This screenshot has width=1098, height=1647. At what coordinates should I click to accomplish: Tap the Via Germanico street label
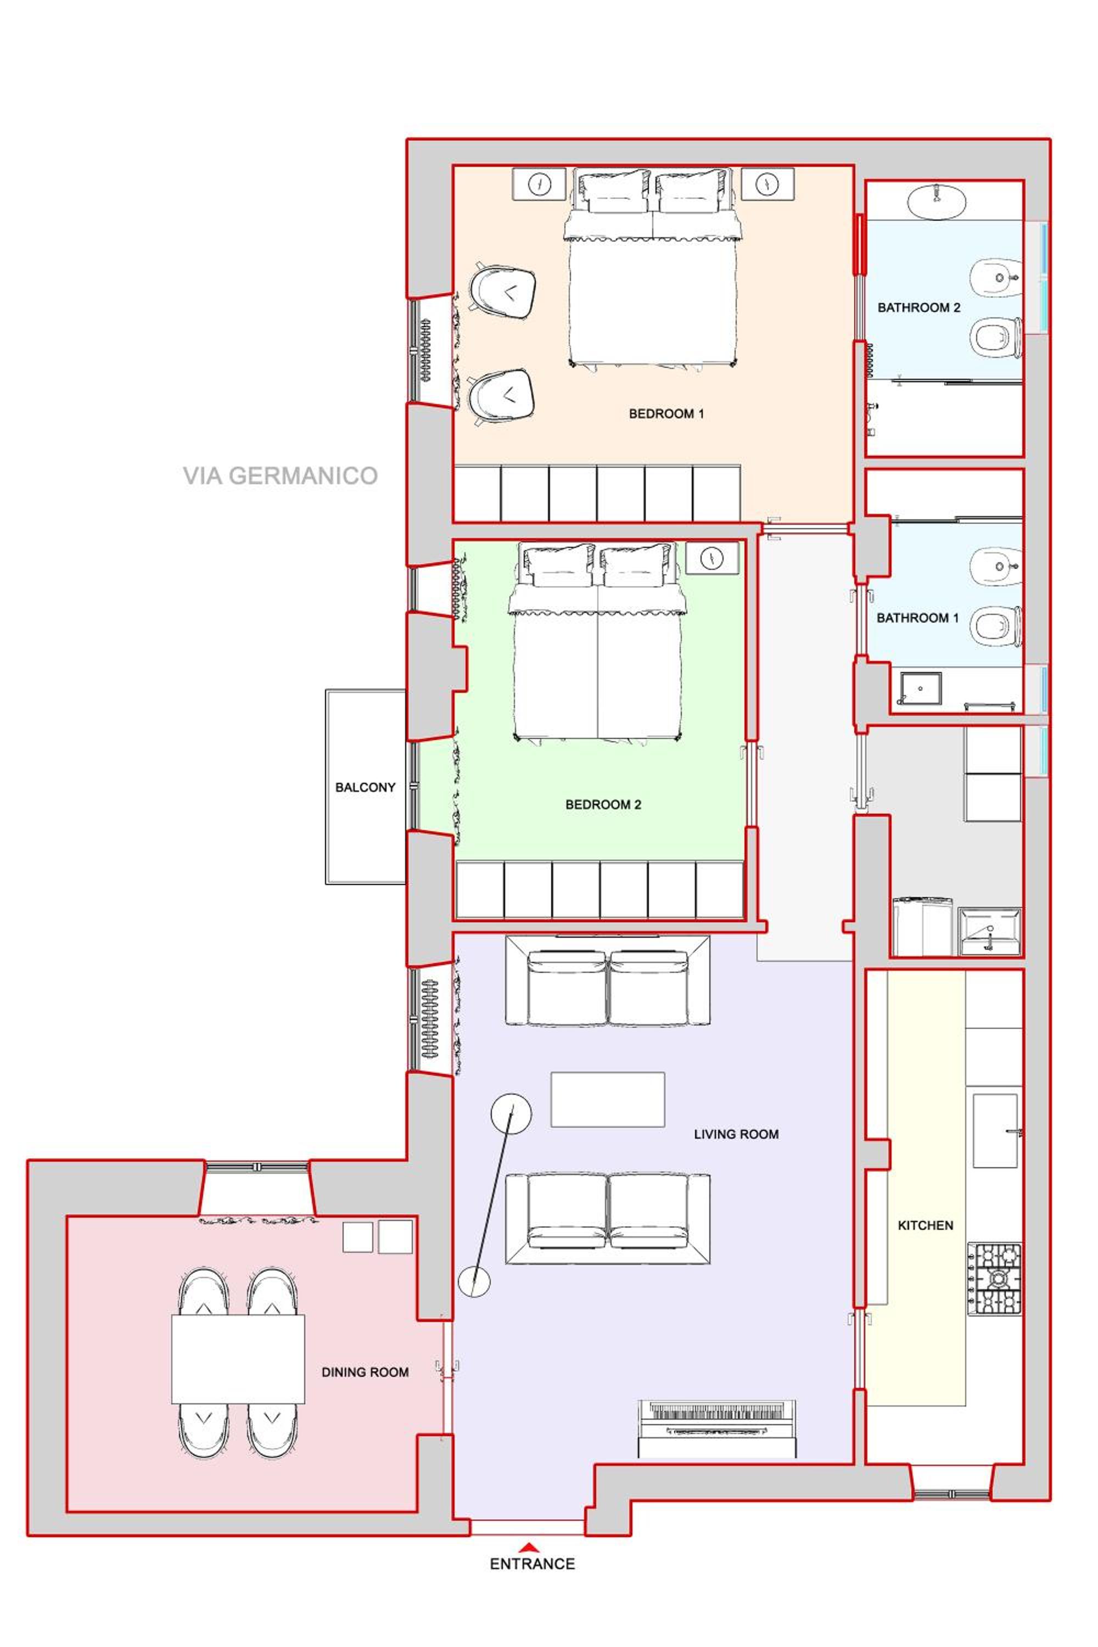[280, 476]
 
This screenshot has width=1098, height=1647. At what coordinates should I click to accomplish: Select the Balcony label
[365, 787]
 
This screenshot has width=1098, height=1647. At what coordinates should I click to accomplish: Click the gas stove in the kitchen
[995, 1279]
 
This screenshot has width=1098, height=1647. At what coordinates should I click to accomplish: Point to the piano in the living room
[717, 1429]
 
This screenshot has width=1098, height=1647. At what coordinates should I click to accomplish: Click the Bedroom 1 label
[666, 414]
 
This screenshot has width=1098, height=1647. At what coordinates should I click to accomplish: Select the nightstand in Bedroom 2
[712, 558]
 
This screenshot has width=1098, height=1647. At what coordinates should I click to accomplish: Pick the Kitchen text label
[925, 1225]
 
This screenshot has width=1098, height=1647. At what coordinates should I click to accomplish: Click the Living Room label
[736, 1134]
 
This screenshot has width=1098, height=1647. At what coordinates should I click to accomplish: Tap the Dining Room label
[365, 1372]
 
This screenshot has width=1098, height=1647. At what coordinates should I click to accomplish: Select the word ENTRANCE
[532, 1564]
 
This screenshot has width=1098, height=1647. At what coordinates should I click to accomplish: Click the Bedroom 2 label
[603, 805]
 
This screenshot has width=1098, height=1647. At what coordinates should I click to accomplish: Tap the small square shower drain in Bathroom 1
[920, 688]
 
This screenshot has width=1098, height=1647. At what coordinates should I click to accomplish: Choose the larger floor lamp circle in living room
[511, 1113]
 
